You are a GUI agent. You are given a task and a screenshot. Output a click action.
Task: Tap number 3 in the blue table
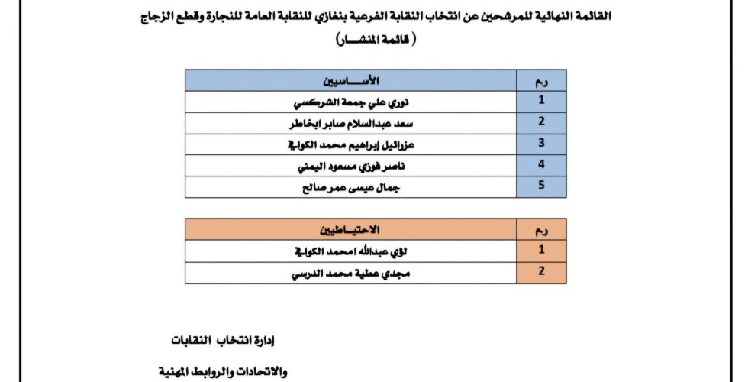tap(540, 144)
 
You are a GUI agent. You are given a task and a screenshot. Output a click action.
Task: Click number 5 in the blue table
tap(540, 186)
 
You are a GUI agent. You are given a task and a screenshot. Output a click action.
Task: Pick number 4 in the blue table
tap(540, 165)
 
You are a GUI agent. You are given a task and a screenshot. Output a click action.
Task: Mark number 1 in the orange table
tap(540, 250)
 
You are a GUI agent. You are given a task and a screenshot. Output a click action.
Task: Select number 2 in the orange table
tap(540, 272)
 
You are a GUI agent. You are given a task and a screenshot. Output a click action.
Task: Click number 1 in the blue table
tap(540, 101)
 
